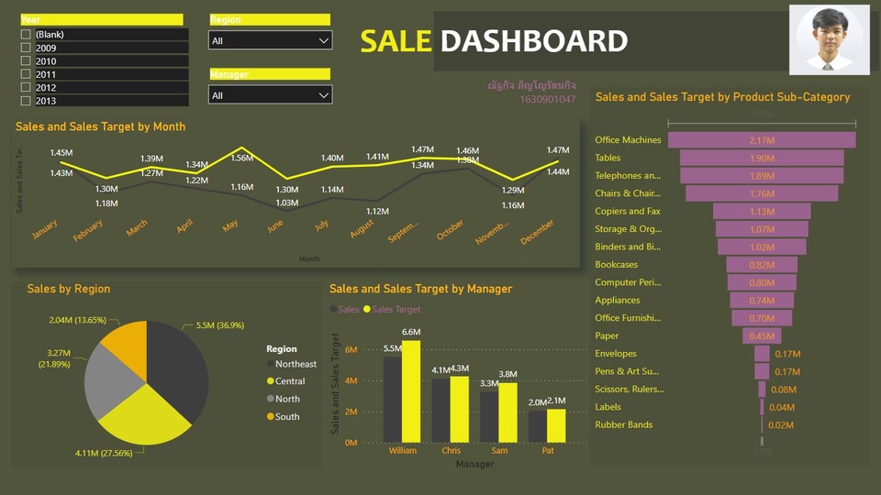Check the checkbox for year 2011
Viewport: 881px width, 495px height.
(26, 74)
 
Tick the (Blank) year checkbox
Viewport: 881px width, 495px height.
(26, 35)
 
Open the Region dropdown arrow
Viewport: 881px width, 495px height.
(323, 40)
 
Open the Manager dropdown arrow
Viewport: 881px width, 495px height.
(323, 95)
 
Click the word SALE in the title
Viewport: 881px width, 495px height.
(396, 41)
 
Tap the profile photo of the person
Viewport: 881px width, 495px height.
(829, 39)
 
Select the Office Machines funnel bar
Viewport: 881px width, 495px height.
(762, 140)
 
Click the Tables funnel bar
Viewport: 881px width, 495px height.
(762, 158)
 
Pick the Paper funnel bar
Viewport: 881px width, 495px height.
(762, 335)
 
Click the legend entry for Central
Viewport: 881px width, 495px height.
(290, 381)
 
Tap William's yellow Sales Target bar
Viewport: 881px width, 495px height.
(410, 391)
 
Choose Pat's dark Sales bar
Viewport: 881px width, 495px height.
(537, 426)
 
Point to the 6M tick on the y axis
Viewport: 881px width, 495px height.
(351, 349)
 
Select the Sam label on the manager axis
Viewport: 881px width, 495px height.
(499, 451)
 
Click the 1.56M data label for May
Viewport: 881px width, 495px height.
(242, 158)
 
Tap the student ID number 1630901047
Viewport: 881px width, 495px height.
(548, 99)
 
